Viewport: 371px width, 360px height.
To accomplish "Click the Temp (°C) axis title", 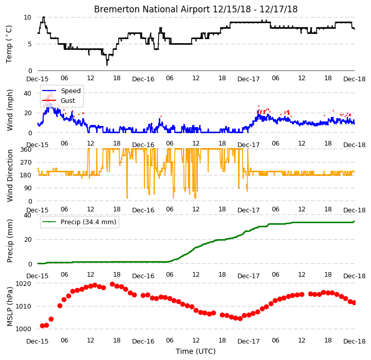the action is pyautogui.click(x=9, y=44).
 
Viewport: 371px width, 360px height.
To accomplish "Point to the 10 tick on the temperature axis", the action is pyautogui.click(x=27, y=17).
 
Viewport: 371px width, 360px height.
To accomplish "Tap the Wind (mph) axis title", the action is pyautogui.click(x=10, y=110).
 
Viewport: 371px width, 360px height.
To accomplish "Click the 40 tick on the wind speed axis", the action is pyautogui.click(x=27, y=93).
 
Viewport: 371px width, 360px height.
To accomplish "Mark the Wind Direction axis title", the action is pyautogui.click(x=10, y=175).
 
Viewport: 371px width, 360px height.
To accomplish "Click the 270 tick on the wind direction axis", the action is pyautogui.click(x=26, y=163).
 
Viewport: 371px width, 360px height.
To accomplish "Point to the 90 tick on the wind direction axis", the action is pyautogui.click(x=27, y=188).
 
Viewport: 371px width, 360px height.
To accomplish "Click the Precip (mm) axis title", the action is pyautogui.click(x=10, y=241).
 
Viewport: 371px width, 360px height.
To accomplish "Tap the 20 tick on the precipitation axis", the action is pyautogui.click(x=27, y=240).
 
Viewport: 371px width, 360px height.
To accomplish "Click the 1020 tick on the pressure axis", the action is pyautogui.click(x=24, y=284).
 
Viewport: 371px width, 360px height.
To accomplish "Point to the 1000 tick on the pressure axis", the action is pyautogui.click(x=24, y=329).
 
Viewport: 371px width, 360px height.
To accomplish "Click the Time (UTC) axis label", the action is pyautogui.click(x=196, y=351).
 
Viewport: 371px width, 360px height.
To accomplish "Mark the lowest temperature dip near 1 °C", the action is pyautogui.click(x=107, y=64).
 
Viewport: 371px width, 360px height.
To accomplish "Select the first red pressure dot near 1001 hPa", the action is pyautogui.click(x=42, y=326).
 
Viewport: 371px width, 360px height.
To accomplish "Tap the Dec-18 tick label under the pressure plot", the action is pyautogui.click(x=354, y=341).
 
